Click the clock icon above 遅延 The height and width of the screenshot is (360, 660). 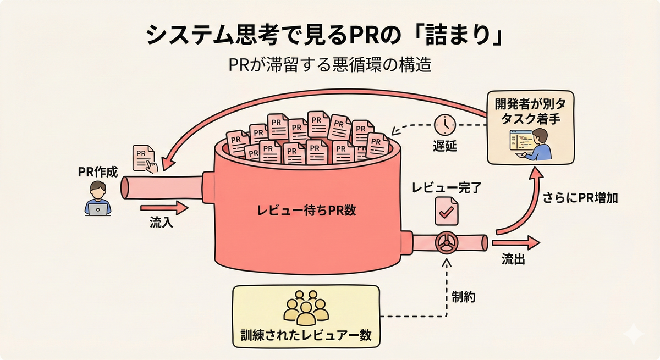[x=445, y=125]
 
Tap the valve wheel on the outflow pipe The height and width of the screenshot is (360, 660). [x=447, y=243]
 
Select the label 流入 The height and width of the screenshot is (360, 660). [x=161, y=222]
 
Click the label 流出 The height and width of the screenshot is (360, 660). [x=513, y=259]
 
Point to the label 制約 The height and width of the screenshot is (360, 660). [x=464, y=297]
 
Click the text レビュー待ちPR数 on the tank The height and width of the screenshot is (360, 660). [x=306, y=210]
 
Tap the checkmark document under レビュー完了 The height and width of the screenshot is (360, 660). [x=447, y=211]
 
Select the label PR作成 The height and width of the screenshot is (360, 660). [x=98, y=172]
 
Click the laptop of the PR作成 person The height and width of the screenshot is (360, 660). [x=98, y=209]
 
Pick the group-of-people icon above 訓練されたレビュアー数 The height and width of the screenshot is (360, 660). [x=306, y=308]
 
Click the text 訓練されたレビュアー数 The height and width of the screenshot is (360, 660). [x=306, y=335]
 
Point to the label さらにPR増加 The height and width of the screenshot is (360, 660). [x=580, y=198]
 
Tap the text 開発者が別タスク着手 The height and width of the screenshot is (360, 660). [x=530, y=112]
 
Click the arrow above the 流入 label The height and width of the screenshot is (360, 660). [x=164, y=208]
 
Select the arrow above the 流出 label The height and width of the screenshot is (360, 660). [x=516, y=243]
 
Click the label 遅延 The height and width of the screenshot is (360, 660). [x=445, y=146]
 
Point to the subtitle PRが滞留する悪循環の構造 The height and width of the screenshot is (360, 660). [x=330, y=64]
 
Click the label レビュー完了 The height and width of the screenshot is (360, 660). [x=447, y=187]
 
